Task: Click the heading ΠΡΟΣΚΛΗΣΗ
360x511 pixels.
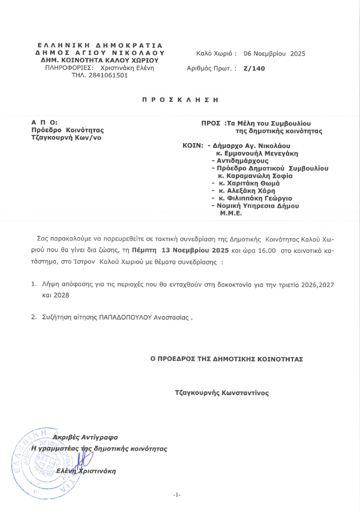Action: [x=180, y=100]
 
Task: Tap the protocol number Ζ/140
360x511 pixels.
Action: [x=254, y=69]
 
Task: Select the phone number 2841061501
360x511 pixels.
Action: [x=109, y=76]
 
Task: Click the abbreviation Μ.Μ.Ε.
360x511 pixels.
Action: [x=231, y=214]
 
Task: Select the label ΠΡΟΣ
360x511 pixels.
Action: [x=210, y=124]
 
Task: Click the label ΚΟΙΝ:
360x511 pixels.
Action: [x=193, y=146]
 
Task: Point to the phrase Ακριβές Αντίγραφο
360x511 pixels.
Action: [x=85, y=438]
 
